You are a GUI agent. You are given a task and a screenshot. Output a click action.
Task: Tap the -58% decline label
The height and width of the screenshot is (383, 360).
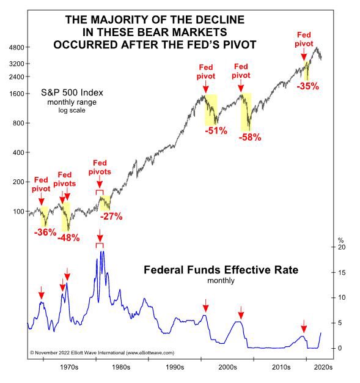[250, 138]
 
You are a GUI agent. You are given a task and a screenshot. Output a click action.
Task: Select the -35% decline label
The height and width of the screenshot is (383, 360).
[307, 86]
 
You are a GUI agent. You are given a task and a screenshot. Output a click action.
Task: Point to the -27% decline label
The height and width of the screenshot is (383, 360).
[111, 216]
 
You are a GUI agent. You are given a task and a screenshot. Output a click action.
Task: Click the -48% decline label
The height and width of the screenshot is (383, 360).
[68, 237]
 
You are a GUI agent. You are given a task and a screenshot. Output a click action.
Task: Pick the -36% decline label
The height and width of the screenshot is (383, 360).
[45, 232]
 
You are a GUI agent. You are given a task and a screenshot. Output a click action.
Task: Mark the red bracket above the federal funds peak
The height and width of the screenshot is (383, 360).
[100, 245]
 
